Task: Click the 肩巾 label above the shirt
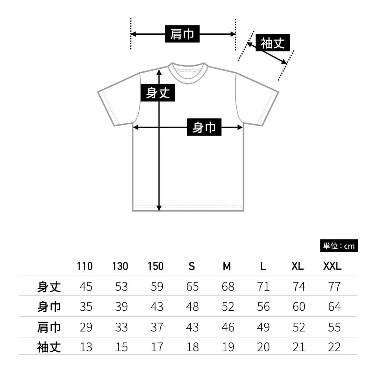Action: [x=182, y=34]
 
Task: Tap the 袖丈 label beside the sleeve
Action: [x=273, y=43]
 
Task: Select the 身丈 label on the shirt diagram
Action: [x=158, y=93]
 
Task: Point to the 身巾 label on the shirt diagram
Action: [x=204, y=127]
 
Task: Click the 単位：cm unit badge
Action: [x=339, y=246]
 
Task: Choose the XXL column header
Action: [x=332, y=266]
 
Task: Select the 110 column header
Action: [x=85, y=266]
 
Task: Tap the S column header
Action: [x=192, y=266]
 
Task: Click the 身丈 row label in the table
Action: [x=49, y=287]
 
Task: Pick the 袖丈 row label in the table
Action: [x=49, y=347]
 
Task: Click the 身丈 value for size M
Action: [x=228, y=287]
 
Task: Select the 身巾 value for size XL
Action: [x=299, y=307]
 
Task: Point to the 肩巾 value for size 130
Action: [x=121, y=327]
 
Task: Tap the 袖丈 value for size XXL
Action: [x=334, y=347]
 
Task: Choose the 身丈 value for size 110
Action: [x=86, y=287]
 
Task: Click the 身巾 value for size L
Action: [x=263, y=307]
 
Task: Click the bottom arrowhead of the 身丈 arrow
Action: [x=159, y=208]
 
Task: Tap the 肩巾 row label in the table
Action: [x=49, y=327]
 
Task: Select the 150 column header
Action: [x=156, y=266]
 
